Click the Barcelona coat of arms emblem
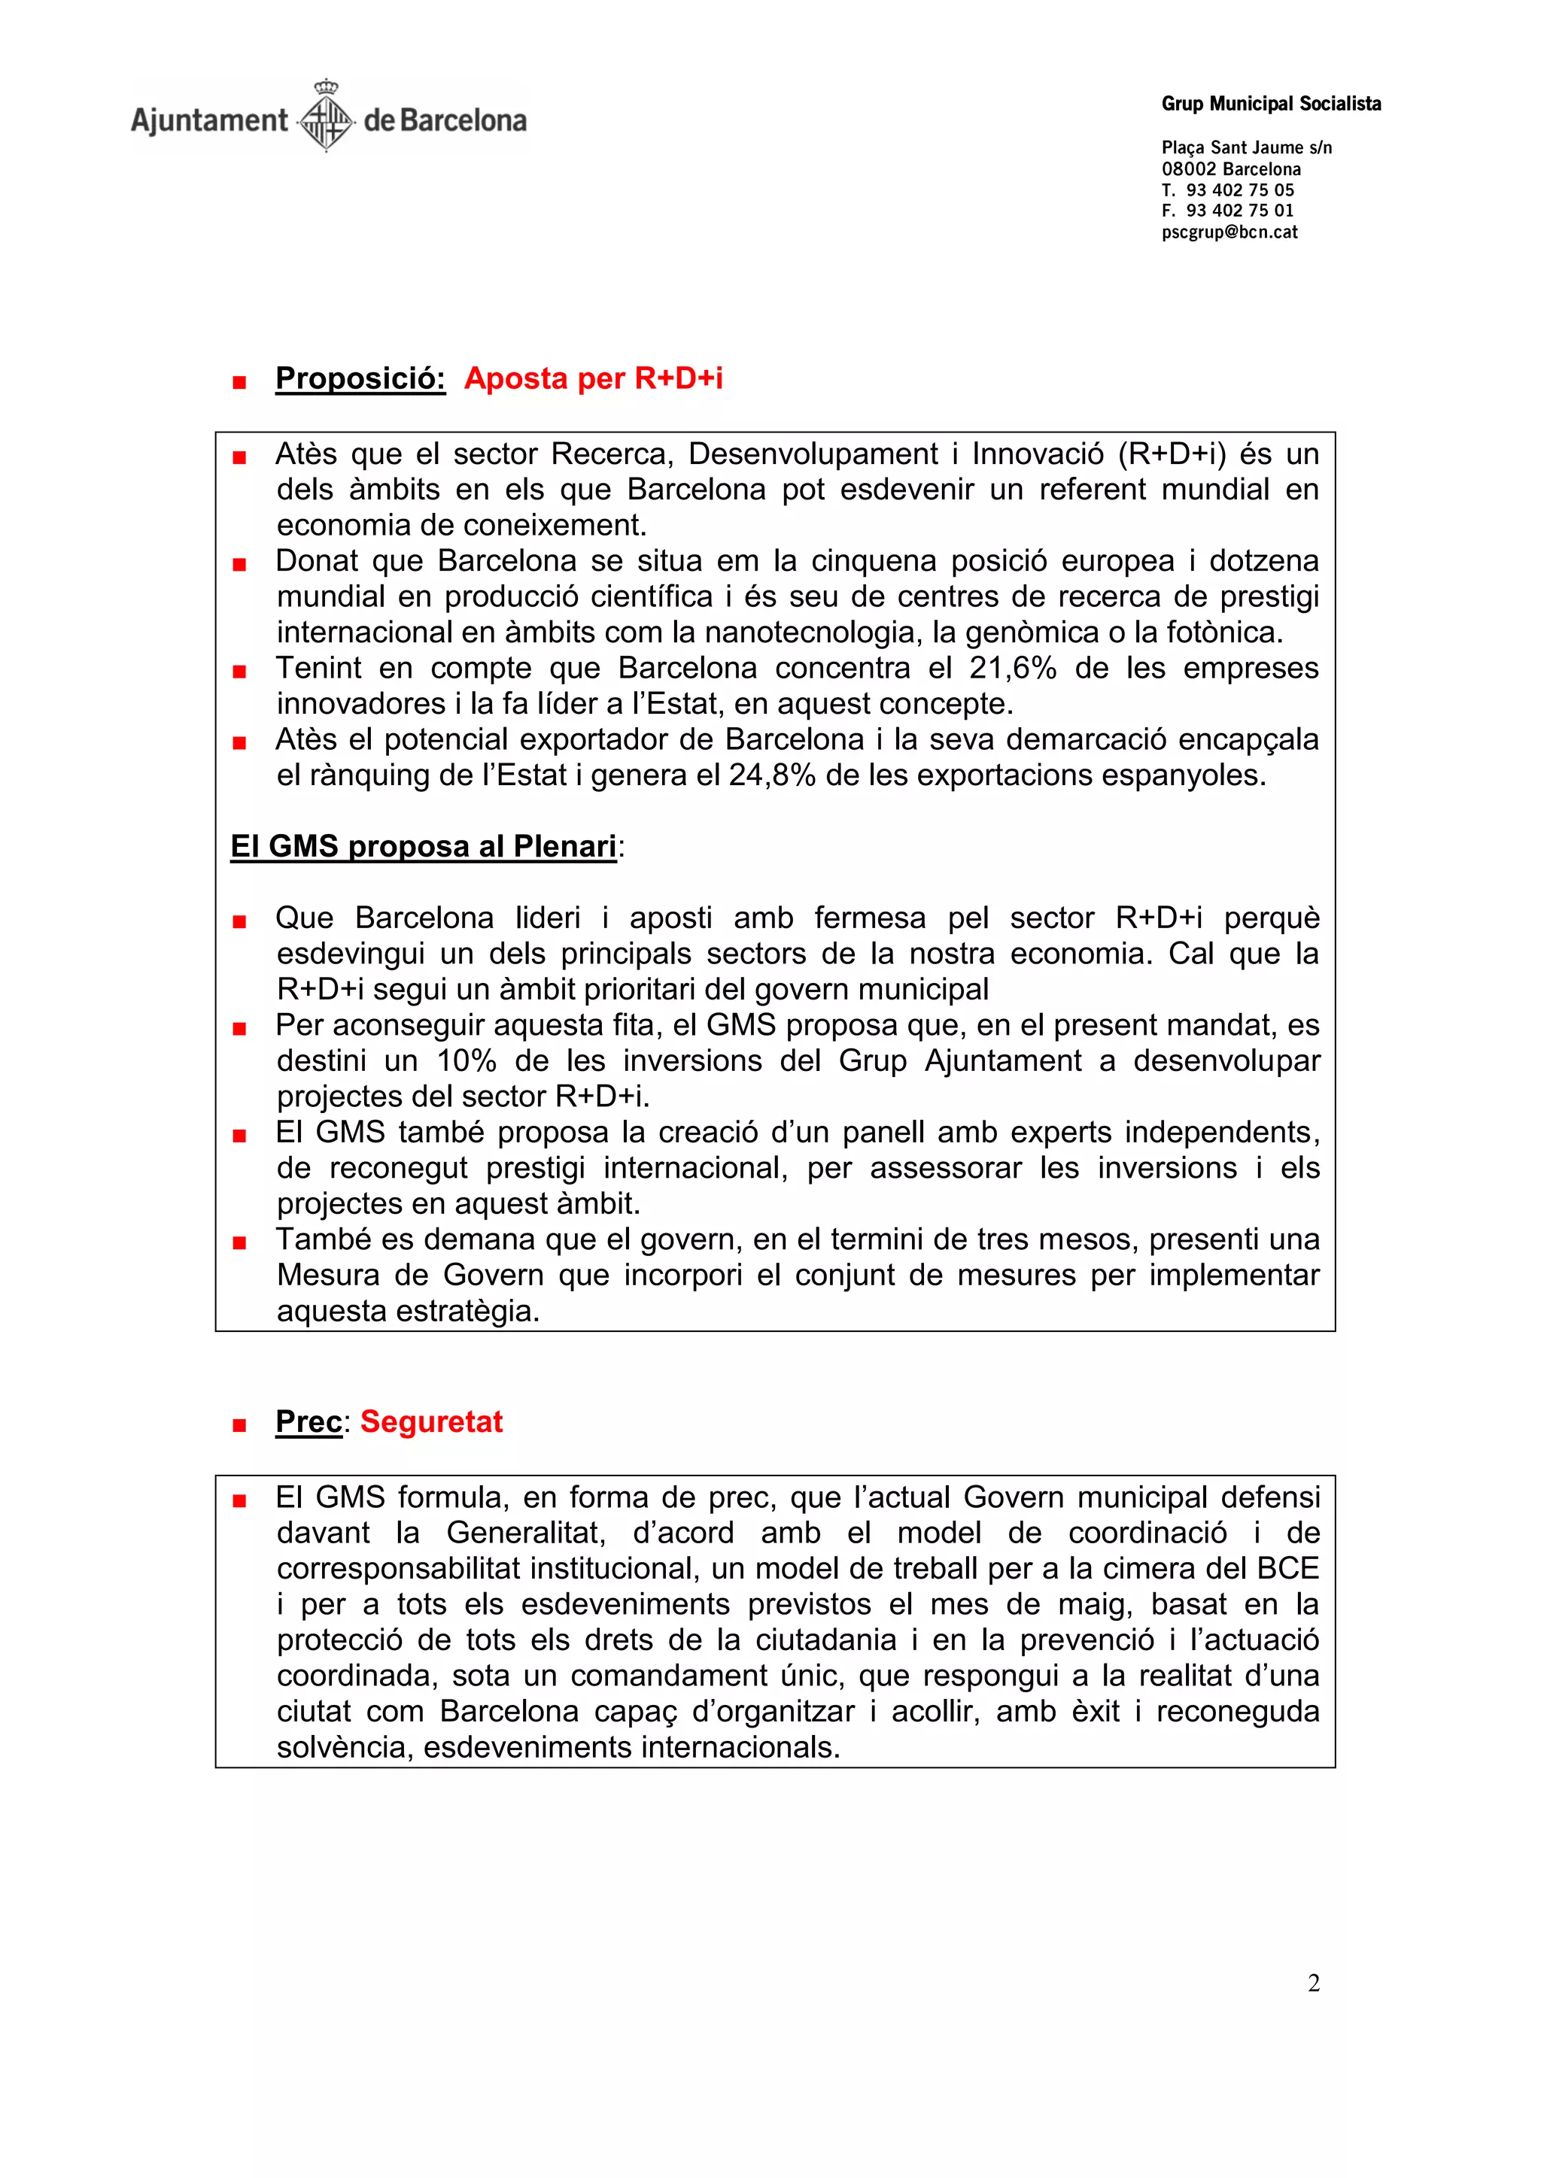[326, 117]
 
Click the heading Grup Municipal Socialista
[1271, 105]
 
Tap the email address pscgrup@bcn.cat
[1229, 232]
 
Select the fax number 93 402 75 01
[1239, 211]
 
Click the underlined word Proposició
[360, 378]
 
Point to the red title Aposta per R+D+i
[593, 378]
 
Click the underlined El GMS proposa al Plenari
[423, 846]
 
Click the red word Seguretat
[431, 1422]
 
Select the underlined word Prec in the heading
[309, 1422]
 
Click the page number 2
[1313, 1983]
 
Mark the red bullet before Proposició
[239, 382]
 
